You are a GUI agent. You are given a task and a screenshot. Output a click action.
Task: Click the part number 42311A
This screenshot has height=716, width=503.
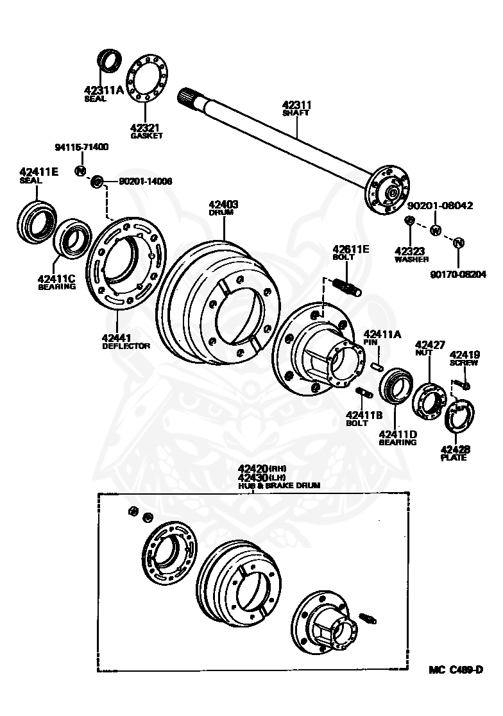[103, 90]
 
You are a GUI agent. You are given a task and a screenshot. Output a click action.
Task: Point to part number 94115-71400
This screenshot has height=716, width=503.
[81, 147]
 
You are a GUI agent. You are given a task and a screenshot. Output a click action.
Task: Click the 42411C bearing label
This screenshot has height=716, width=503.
[56, 282]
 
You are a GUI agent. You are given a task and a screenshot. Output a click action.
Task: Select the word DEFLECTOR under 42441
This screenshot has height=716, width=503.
[126, 346]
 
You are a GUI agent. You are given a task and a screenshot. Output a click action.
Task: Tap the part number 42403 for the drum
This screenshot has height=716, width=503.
[223, 205]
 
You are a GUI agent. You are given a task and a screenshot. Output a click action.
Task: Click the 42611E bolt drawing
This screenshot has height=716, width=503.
[346, 286]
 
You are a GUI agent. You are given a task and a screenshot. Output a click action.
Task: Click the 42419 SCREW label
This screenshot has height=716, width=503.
[463, 357]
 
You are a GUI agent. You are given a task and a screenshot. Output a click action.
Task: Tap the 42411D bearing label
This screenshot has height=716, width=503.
[398, 438]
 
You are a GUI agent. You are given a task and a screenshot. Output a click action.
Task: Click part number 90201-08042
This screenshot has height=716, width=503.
[441, 206]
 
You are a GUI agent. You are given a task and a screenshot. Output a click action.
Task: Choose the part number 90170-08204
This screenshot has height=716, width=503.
[458, 274]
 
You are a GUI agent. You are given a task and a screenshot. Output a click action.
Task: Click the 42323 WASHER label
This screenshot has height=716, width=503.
[411, 255]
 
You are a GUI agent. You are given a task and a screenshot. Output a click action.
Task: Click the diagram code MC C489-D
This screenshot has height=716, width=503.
[456, 670]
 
